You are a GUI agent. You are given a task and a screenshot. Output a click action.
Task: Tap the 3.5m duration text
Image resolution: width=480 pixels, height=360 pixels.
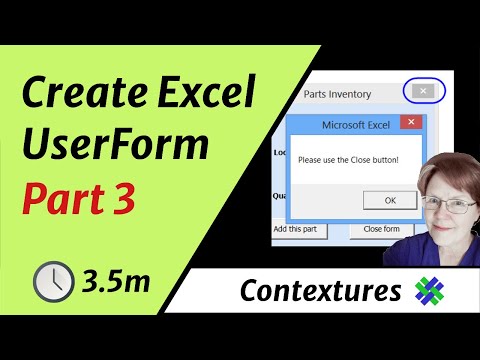(x=118, y=282)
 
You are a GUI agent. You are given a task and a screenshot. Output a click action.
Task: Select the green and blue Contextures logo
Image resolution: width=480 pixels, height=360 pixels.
(x=429, y=290)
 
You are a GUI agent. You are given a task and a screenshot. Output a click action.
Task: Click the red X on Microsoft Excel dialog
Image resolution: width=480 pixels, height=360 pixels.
(x=409, y=124)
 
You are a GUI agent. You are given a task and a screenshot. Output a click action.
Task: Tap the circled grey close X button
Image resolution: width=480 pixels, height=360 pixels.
(x=424, y=91)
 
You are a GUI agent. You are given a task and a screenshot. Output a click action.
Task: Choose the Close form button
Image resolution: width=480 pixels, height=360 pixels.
(x=381, y=229)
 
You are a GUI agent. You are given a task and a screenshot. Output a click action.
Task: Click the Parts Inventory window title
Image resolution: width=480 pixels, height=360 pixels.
(x=336, y=94)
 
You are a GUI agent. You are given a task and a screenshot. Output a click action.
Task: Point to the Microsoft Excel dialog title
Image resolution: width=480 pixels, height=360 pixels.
(x=354, y=125)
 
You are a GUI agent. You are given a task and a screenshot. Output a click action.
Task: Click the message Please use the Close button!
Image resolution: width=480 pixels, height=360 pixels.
(x=348, y=160)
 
